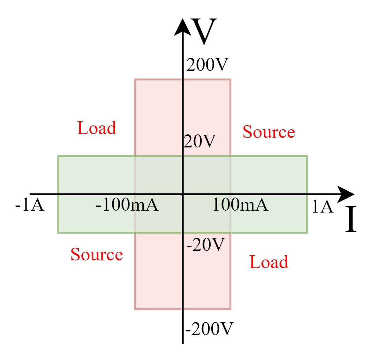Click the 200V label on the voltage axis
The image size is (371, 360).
point(207,65)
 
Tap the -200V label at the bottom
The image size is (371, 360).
point(209,329)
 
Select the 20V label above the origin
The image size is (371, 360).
point(200,141)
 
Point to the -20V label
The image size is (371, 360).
point(206,245)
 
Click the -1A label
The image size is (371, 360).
point(29,205)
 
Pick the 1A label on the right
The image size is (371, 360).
point(322,206)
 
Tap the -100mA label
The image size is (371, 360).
point(127,205)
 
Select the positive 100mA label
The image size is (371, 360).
point(240,205)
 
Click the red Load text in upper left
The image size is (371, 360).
point(97,128)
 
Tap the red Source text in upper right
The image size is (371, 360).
point(269,132)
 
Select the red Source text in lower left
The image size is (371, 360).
point(97,255)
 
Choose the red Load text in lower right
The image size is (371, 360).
point(269,262)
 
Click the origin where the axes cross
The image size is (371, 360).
point(182,194)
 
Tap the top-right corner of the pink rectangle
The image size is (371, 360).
point(230,80)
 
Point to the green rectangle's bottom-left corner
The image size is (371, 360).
point(58,232)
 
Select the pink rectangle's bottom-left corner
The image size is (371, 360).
point(135,309)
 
